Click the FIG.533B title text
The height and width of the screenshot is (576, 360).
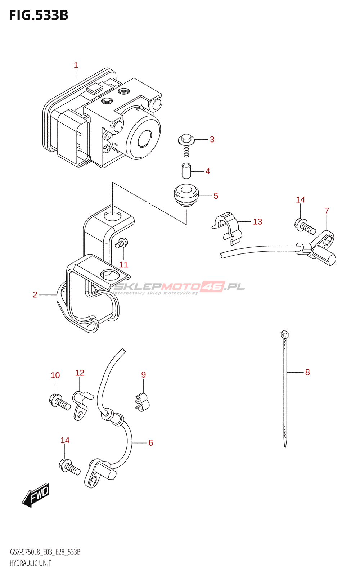coord(39,15)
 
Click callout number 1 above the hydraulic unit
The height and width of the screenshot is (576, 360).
coord(76,65)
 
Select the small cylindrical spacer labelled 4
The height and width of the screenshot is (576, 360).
coord(186,170)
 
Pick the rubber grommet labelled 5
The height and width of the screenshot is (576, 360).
coord(186,195)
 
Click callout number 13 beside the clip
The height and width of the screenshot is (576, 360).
coord(257,222)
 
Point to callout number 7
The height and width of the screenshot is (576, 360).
coord(327,211)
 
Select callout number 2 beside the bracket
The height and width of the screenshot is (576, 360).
coord(35,295)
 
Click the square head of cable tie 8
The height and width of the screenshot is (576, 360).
coord(284,334)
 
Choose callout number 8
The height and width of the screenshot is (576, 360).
coord(307,372)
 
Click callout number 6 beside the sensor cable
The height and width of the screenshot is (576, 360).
coord(150,443)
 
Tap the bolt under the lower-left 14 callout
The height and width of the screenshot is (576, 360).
coord(69,467)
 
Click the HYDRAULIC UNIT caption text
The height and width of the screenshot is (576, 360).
coord(31,563)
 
